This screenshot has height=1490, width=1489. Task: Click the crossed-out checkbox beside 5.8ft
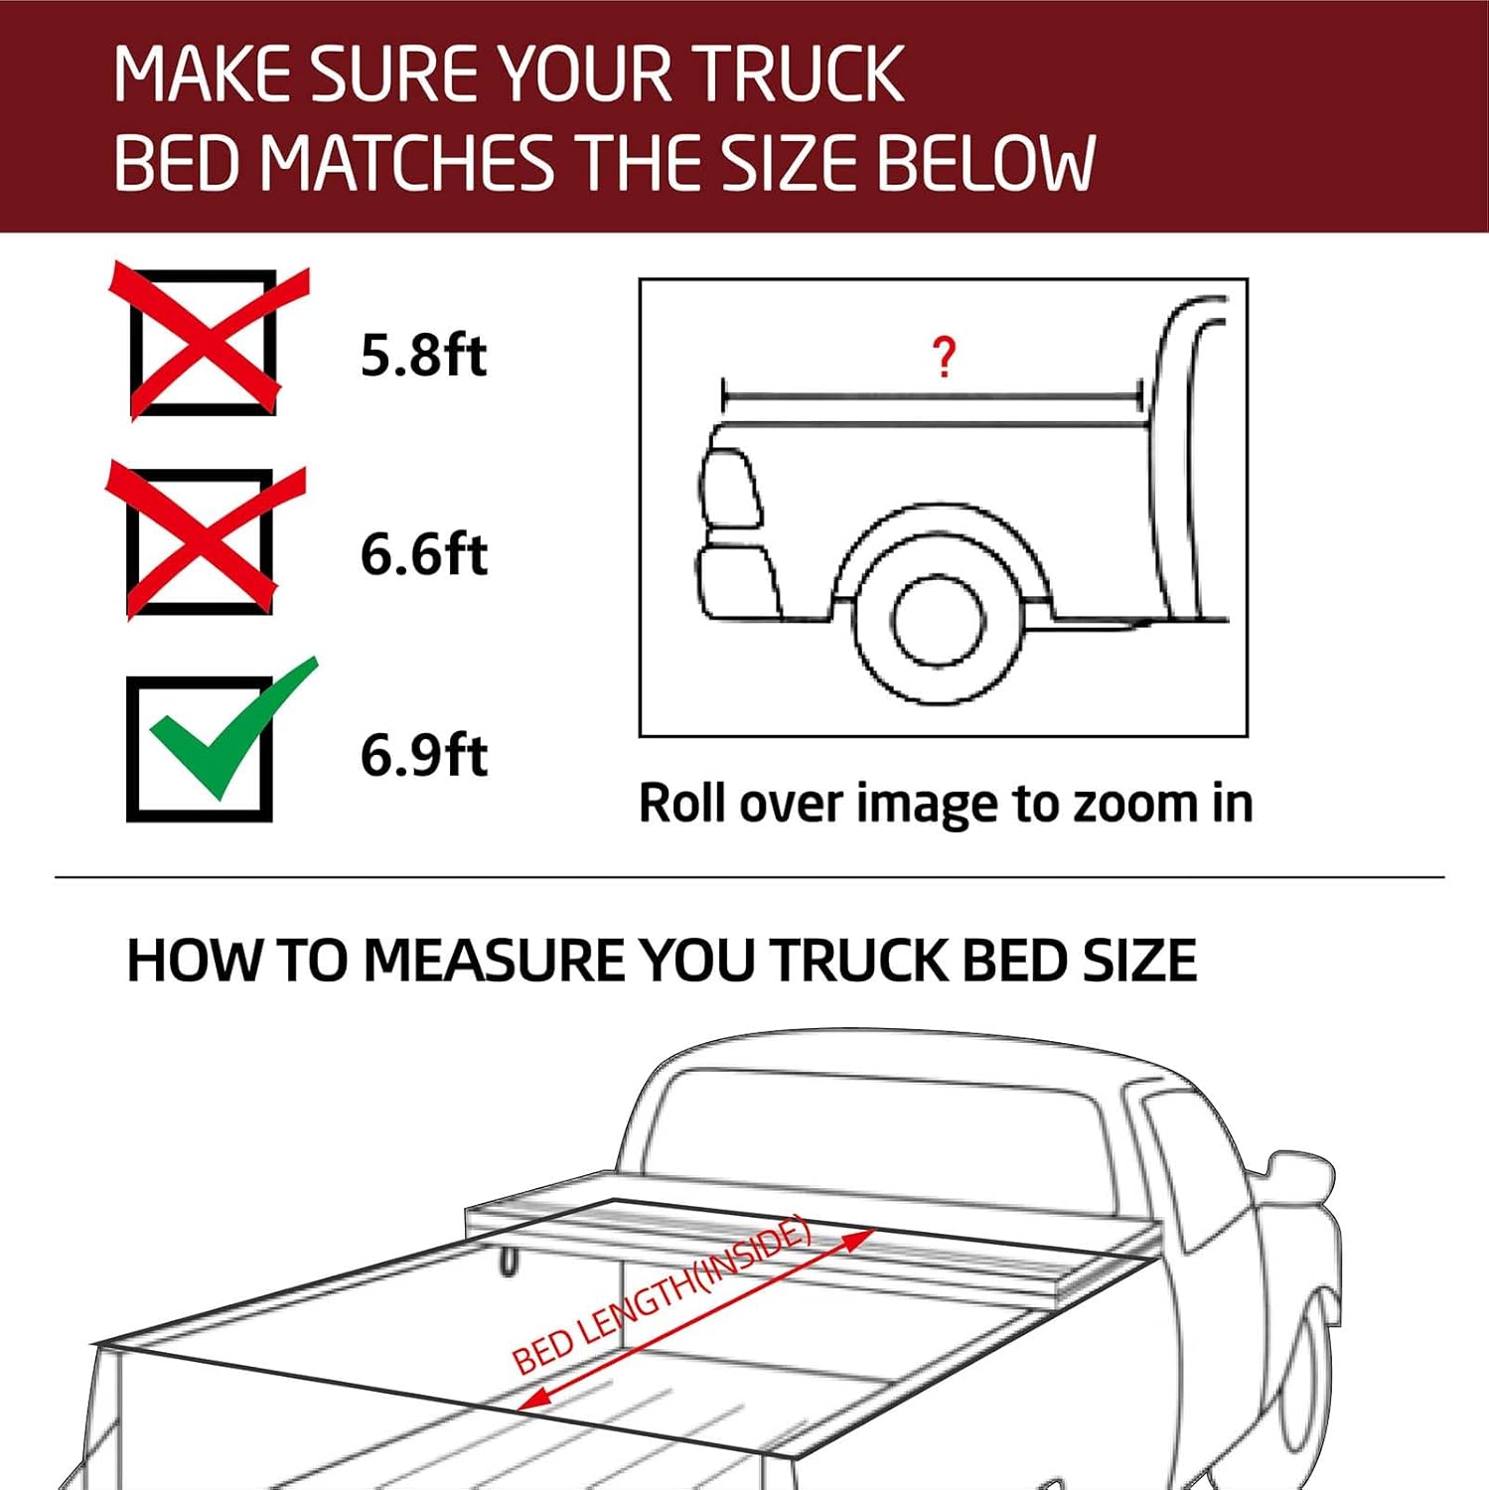coord(204,342)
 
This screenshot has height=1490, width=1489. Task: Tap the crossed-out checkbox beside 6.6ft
coord(202,541)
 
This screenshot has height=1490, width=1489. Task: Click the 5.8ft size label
coord(423,355)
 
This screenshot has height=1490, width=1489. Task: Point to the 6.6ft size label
coord(423,554)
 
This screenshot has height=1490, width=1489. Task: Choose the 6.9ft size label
coord(423,755)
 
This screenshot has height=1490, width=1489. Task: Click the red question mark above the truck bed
coord(944,357)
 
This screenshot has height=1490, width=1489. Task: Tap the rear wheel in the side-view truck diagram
coord(938,621)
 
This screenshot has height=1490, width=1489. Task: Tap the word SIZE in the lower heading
coord(1139,961)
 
